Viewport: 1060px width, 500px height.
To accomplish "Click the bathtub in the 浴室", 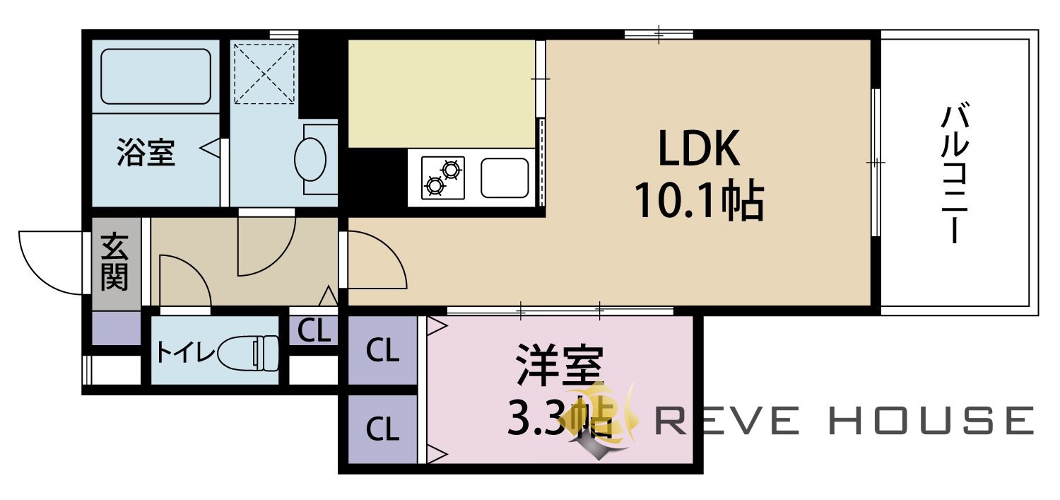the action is point(155,76).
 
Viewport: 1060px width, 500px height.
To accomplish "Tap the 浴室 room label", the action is point(146,152).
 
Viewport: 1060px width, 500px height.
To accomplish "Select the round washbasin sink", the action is point(310,159).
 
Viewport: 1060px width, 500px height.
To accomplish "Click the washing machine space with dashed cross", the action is point(264,74).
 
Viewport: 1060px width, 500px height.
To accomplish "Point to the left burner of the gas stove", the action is point(435,185).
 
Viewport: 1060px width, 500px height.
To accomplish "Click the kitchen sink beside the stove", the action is point(505,178).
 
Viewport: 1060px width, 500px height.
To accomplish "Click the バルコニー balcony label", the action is point(955,175).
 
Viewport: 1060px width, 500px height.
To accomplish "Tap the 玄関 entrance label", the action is point(114,262).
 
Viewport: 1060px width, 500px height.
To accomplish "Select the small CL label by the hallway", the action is point(313,330).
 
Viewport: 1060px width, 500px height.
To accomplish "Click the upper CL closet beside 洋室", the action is point(383,351).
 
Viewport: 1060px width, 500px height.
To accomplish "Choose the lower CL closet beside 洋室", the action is point(383,429).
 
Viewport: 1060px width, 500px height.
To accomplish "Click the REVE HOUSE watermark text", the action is point(844,420).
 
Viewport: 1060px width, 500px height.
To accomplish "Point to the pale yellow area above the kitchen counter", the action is point(442,94).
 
